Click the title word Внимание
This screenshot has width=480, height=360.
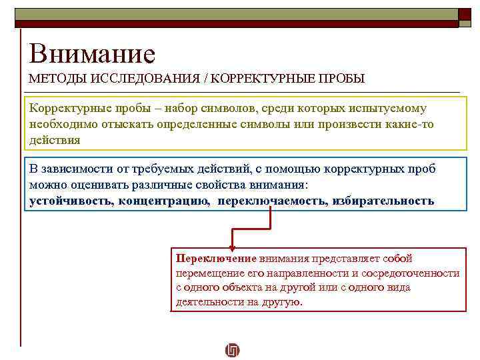[92, 53]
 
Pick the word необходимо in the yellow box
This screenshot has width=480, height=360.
[59, 125]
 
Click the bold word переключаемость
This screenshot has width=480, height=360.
[271, 200]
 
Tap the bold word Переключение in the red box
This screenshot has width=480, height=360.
[216, 258]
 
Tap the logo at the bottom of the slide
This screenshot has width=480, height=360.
[233, 350]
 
